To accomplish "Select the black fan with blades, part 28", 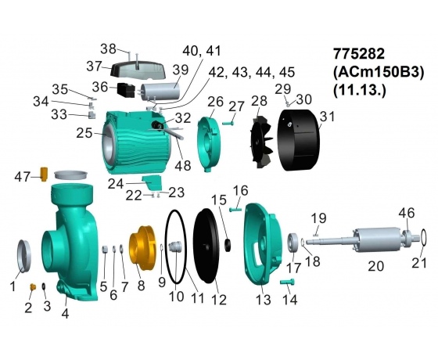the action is coord(262,143).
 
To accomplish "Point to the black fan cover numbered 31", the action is coord(299,140).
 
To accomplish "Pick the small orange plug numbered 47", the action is coord(44,174).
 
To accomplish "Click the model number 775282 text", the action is coord(359,54).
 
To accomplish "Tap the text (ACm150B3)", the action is coord(379,72).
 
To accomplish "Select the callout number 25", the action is coord(84,133).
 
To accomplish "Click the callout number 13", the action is coord(264,300).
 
